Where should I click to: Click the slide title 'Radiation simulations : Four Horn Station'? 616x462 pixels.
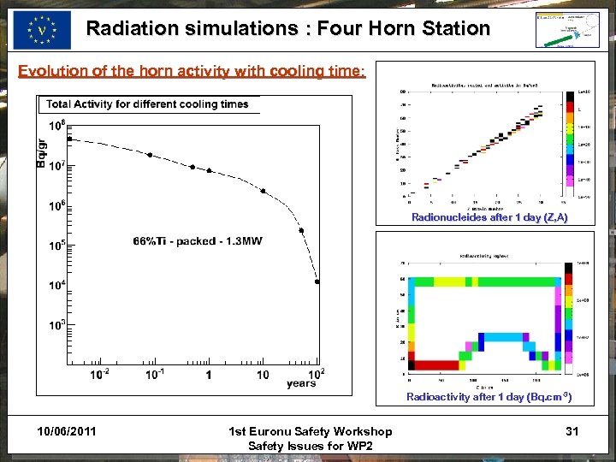(287, 28)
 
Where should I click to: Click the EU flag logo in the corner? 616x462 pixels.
(42, 30)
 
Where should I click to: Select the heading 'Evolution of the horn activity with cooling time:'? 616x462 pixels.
(192, 71)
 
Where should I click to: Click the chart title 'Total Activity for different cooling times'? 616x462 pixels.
(147, 104)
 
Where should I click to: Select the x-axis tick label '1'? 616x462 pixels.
(208, 375)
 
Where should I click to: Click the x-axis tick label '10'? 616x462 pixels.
(263, 375)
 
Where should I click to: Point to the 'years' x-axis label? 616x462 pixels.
(301, 383)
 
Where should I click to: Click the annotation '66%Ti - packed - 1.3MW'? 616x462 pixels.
(198, 241)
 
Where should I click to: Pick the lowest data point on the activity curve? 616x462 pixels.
(317, 281)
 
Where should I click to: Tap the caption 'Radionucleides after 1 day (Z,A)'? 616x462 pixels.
(489, 217)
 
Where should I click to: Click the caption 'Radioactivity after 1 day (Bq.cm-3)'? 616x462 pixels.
(489, 397)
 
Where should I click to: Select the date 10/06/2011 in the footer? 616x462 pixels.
(67, 430)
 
